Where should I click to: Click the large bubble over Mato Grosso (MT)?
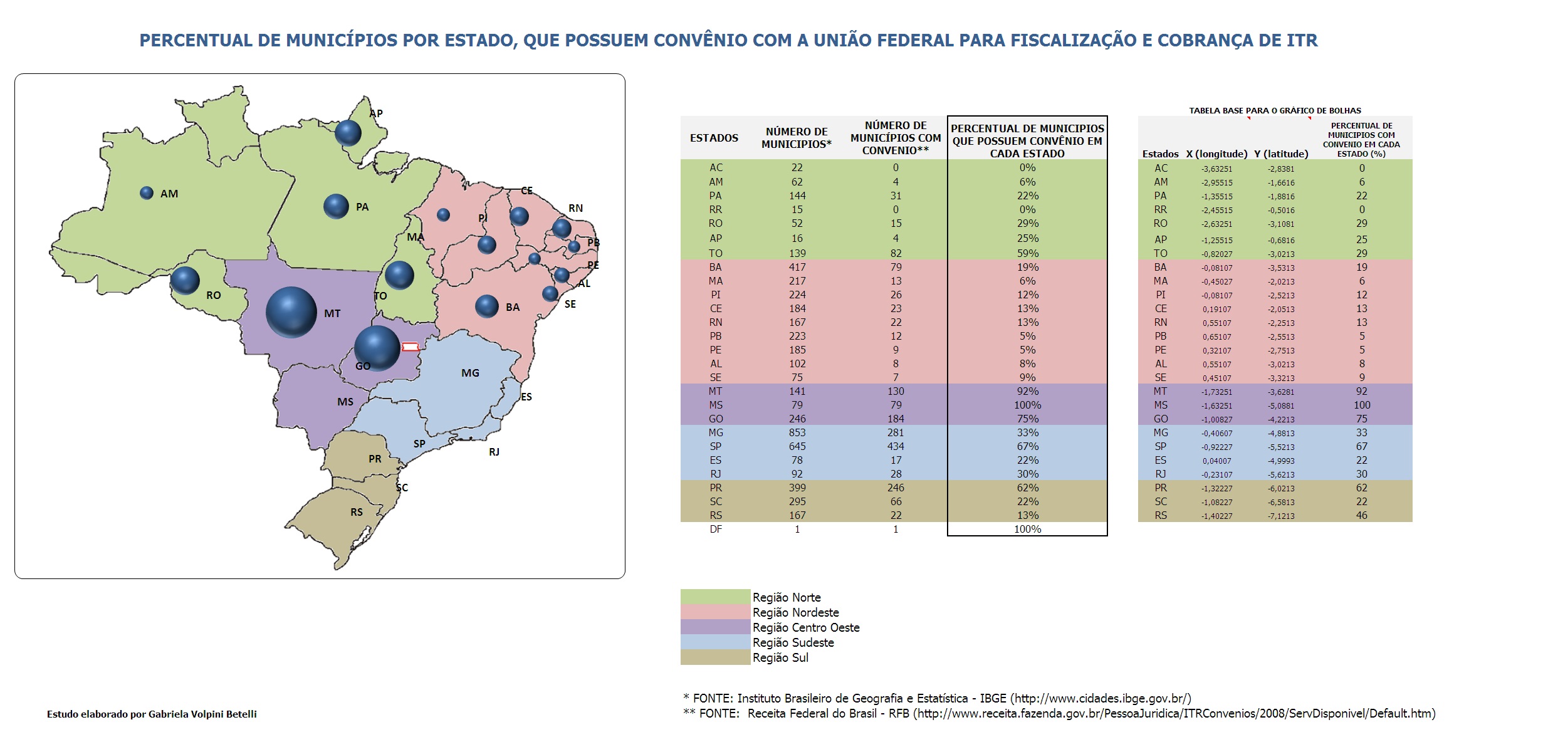(291, 312)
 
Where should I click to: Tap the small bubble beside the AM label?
(147, 193)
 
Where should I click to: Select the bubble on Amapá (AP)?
(348, 133)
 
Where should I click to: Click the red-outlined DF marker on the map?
(410, 347)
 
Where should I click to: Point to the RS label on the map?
(357, 512)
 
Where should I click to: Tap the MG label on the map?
(470, 373)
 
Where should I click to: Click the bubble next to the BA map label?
(487, 306)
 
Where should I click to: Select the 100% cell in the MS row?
(1027, 405)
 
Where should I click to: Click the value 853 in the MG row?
(797, 432)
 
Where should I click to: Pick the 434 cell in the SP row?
(896, 446)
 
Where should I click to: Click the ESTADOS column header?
(714, 138)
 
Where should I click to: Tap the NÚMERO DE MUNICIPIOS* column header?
(797, 138)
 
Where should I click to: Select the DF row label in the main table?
(716, 529)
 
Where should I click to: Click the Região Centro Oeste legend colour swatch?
(715, 627)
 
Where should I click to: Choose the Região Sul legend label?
(780, 657)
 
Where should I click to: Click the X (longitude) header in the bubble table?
(1216, 154)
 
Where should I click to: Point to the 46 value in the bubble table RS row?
(1361, 515)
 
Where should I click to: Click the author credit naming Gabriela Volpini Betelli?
(152, 714)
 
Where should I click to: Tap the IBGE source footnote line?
(937, 698)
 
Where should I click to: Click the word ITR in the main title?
(1301, 40)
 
